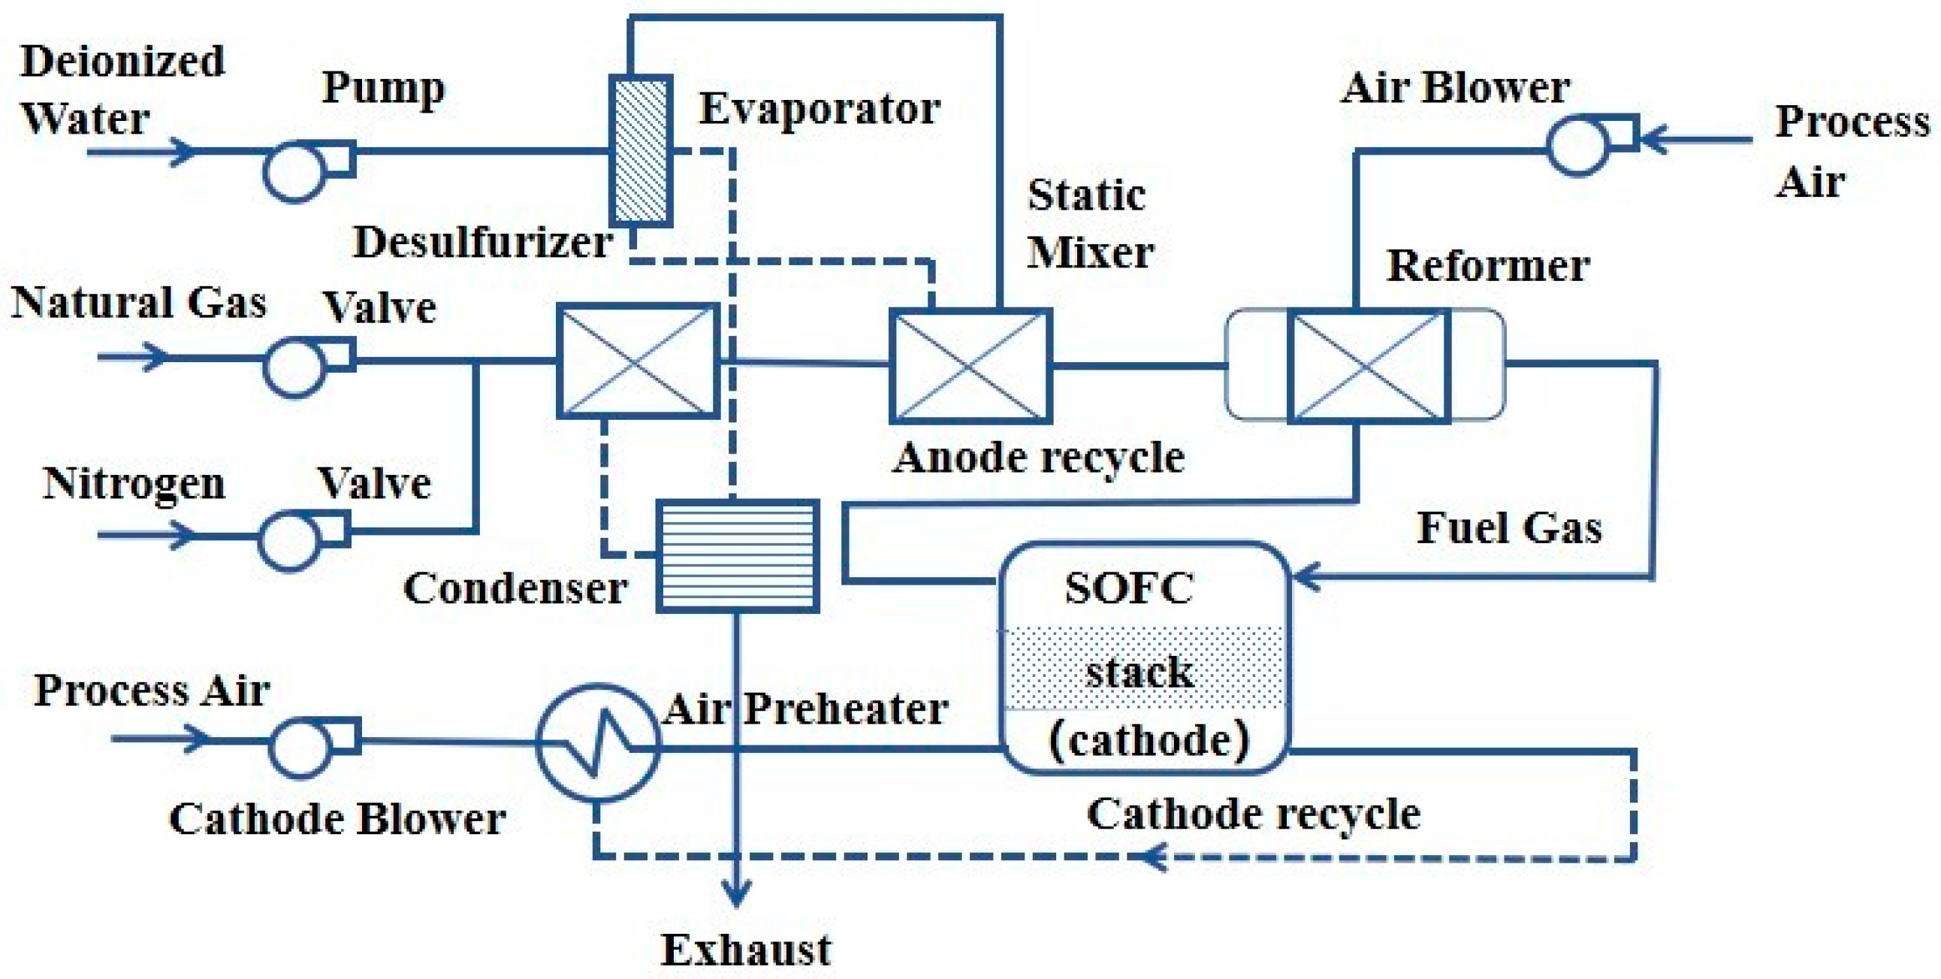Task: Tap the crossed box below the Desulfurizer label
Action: coord(638,361)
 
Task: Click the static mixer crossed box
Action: coord(970,366)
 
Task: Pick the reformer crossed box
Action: coord(1369,366)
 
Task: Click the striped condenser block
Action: coord(737,555)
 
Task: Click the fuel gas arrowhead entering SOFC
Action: coord(1305,577)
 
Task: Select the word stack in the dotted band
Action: coord(1140,672)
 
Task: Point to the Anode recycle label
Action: coord(1038,458)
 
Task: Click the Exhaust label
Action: coord(746,950)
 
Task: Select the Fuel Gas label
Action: coord(1509,527)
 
